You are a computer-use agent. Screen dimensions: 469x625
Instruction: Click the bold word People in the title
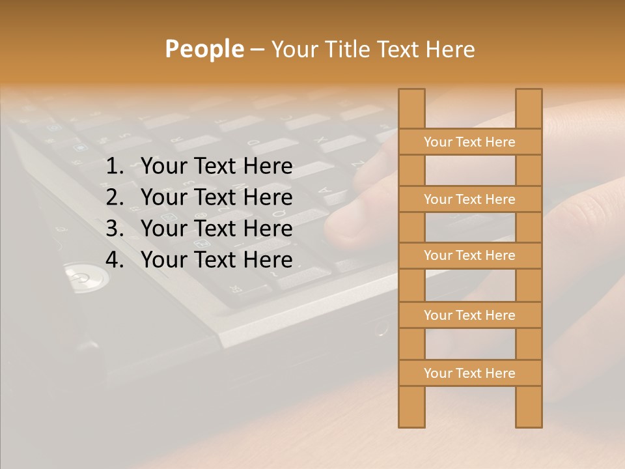tap(204, 49)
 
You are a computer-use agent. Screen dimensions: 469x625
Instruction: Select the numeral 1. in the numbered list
tap(115, 167)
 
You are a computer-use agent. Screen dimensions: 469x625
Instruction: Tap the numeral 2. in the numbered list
tap(115, 197)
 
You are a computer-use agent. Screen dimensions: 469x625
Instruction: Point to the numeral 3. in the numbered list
tap(115, 229)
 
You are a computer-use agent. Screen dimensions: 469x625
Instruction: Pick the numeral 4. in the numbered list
tap(115, 260)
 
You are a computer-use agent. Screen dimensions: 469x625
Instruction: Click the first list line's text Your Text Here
tap(217, 167)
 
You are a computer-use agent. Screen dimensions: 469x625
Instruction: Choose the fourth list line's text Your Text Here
tap(217, 260)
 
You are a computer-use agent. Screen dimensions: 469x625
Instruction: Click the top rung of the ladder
tap(470, 142)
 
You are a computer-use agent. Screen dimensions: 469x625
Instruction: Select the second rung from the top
tap(470, 199)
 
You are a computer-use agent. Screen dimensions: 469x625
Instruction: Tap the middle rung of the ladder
tap(470, 256)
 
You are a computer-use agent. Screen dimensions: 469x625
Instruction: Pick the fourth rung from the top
tap(470, 315)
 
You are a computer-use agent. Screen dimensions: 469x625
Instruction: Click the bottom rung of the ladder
tap(470, 373)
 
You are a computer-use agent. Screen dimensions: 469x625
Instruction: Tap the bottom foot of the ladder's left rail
tap(411, 420)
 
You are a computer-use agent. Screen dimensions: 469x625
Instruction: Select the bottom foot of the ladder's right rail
tap(529, 420)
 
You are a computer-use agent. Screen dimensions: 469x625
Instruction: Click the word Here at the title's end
tap(450, 49)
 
